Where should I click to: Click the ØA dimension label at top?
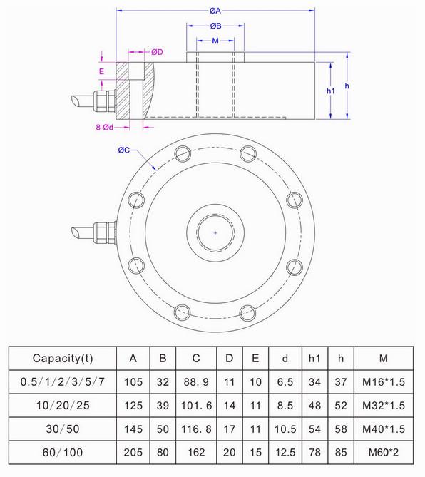(215, 11)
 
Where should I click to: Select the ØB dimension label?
(215, 26)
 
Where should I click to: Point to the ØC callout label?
(123, 150)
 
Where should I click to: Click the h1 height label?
(330, 91)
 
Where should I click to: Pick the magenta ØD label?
(158, 52)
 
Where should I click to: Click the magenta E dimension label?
(102, 72)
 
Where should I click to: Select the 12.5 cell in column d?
(285, 451)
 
